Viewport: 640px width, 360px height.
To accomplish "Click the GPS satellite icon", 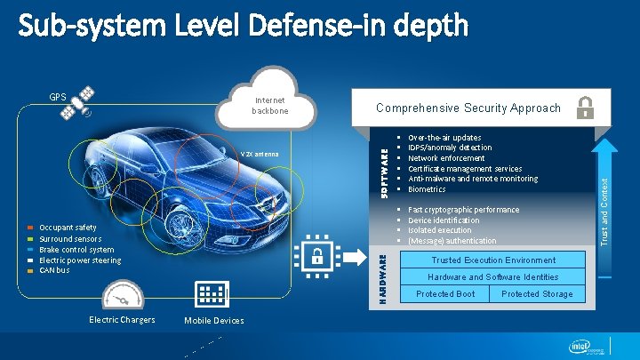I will pyautogui.click(x=84, y=102).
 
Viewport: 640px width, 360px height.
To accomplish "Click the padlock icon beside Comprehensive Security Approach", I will pyautogui.click(x=586, y=108).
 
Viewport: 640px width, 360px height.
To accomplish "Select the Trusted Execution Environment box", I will pyautogui.click(x=493, y=260).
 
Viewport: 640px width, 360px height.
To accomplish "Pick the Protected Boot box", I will pyautogui.click(x=445, y=294).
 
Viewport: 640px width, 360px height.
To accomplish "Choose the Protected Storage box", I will pyautogui.click(x=537, y=294).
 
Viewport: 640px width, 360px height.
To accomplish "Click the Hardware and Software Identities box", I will pyautogui.click(x=493, y=277).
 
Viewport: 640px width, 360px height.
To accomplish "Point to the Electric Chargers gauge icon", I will pyautogui.click(x=123, y=296).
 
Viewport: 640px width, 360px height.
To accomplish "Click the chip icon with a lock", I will pyautogui.click(x=316, y=255).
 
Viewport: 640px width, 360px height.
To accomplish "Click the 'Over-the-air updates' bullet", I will pyautogui.click(x=444, y=138).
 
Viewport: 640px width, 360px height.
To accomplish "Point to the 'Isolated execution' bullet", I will pyautogui.click(x=439, y=230).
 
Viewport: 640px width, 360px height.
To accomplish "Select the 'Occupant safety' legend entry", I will pyautogui.click(x=68, y=228).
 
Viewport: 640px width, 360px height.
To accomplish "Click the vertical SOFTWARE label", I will pyautogui.click(x=385, y=172).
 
